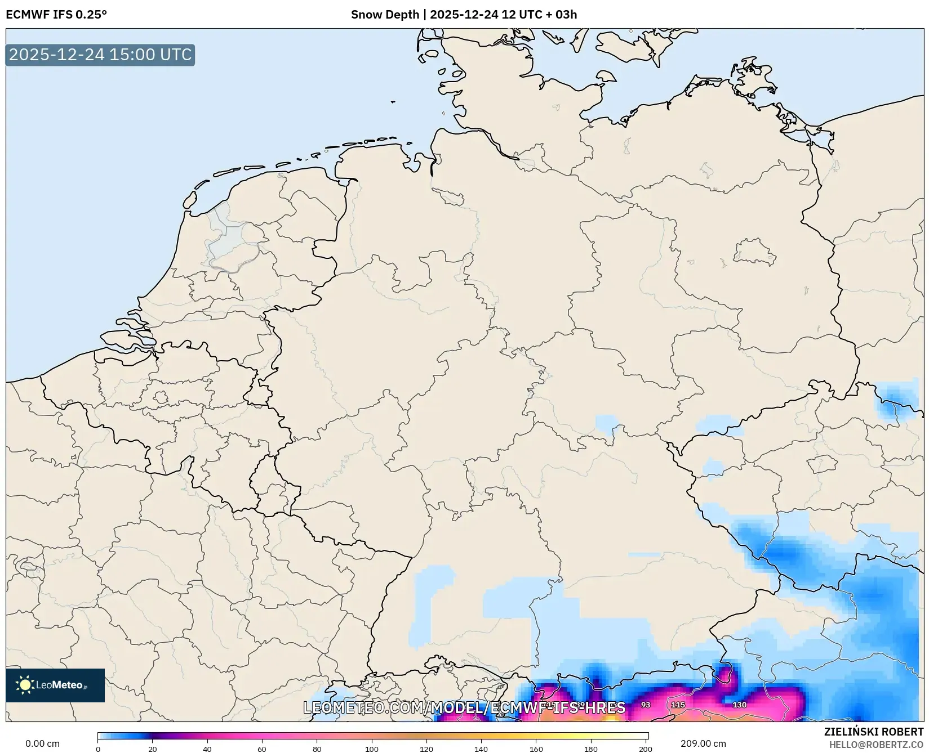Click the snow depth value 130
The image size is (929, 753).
(739, 705)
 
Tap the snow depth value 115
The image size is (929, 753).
(678, 705)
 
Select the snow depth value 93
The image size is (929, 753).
(646, 705)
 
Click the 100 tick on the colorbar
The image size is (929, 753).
(371, 748)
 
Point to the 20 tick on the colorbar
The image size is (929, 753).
(152, 748)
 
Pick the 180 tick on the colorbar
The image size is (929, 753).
(591, 748)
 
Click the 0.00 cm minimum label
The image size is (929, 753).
(42, 743)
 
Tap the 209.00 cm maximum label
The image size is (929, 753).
(703, 743)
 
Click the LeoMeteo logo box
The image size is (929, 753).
(55, 685)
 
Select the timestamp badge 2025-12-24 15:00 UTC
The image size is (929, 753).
(100, 55)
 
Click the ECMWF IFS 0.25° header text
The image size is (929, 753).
(56, 14)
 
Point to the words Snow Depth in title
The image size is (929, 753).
(385, 14)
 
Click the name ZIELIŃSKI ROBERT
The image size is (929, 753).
(873, 732)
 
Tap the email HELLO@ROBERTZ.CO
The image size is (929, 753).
(875, 745)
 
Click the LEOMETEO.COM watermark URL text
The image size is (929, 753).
(464, 707)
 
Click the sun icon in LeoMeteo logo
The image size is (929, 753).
(25, 685)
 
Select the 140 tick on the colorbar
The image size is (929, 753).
(481, 748)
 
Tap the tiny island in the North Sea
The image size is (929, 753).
(393, 102)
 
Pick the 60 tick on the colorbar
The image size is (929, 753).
(262, 748)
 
